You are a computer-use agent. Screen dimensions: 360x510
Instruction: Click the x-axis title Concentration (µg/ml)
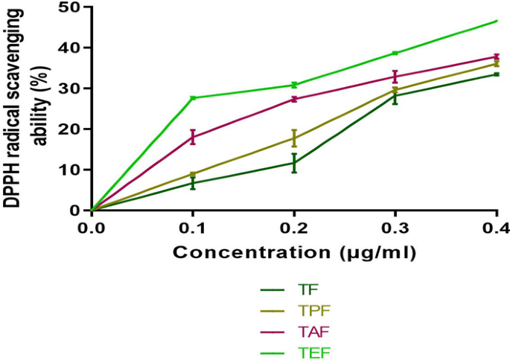[x=294, y=252]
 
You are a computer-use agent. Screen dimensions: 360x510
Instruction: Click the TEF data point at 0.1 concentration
[x=193, y=98]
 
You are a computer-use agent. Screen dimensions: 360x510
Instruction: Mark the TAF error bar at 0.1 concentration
[x=193, y=137]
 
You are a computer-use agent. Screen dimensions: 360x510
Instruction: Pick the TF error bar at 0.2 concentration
[x=294, y=163]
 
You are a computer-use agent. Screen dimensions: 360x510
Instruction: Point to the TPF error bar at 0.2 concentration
[x=294, y=138]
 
